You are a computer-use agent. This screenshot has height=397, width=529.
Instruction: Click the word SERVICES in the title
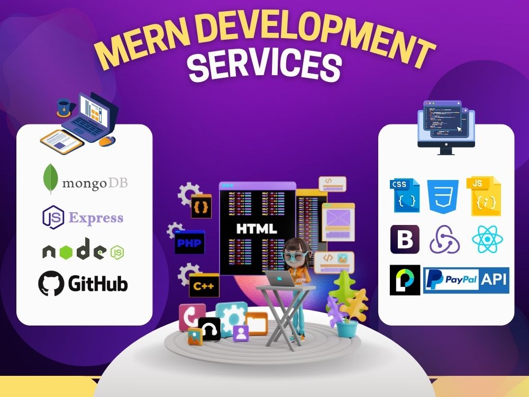click(264, 65)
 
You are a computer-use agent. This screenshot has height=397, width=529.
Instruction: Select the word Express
click(96, 218)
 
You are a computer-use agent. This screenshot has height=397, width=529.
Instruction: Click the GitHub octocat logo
click(51, 283)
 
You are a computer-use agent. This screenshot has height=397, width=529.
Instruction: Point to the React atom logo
click(488, 239)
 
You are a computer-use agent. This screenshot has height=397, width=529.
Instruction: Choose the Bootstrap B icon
click(405, 239)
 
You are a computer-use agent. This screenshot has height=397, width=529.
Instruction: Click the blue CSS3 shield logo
click(443, 196)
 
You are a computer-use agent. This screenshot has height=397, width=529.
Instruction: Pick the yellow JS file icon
click(484, 196)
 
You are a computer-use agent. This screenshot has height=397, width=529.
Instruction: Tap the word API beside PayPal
click(494, 279)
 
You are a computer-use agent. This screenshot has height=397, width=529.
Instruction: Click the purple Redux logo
click(444, 240)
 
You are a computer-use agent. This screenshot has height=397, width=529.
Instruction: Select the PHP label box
click(189, 242)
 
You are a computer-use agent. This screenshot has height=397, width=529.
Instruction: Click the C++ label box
click(204, 286)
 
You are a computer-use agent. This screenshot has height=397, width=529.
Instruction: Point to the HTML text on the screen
click(257, 229)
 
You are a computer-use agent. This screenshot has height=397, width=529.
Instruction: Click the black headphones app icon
click(209, 328)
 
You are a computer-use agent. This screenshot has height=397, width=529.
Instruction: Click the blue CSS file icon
click(405, 196)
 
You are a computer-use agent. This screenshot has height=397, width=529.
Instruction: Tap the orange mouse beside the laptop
click(107, 141)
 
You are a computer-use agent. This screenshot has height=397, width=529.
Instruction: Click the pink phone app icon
click(191, 317)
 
